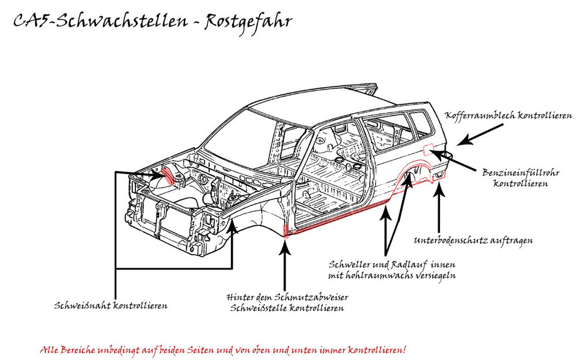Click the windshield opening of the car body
point(242,135)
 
